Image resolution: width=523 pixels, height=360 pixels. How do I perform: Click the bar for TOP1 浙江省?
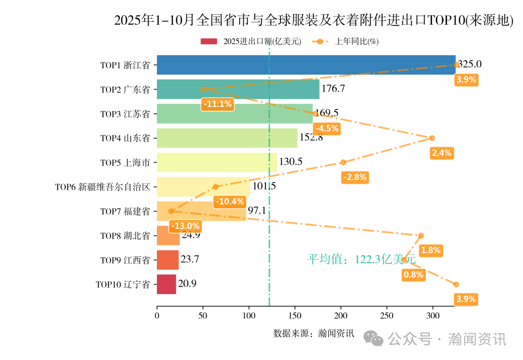click(306, 65)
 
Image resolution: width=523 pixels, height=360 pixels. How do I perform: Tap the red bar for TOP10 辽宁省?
click(166, 284)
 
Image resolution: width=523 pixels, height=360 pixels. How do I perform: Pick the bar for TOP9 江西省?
click(168, 260)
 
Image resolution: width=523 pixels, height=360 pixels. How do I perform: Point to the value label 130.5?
click(291, 162)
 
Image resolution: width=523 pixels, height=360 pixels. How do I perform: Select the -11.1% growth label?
click(217, 104)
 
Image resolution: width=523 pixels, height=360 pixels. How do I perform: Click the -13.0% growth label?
click(185, 226)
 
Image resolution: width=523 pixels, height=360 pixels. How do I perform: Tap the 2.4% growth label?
click(441, 153)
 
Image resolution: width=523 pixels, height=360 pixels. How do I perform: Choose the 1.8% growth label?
click(430, 250)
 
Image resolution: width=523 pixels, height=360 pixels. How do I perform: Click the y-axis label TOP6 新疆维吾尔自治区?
click(103, 187)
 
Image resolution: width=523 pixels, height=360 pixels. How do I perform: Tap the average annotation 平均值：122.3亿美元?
click(361, 259)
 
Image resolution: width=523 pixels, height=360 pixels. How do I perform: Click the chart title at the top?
click(313, 20)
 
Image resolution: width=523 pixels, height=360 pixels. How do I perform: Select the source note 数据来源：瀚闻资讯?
click(314, 333)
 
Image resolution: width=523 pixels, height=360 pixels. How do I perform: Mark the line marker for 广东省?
click(203, 89)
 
